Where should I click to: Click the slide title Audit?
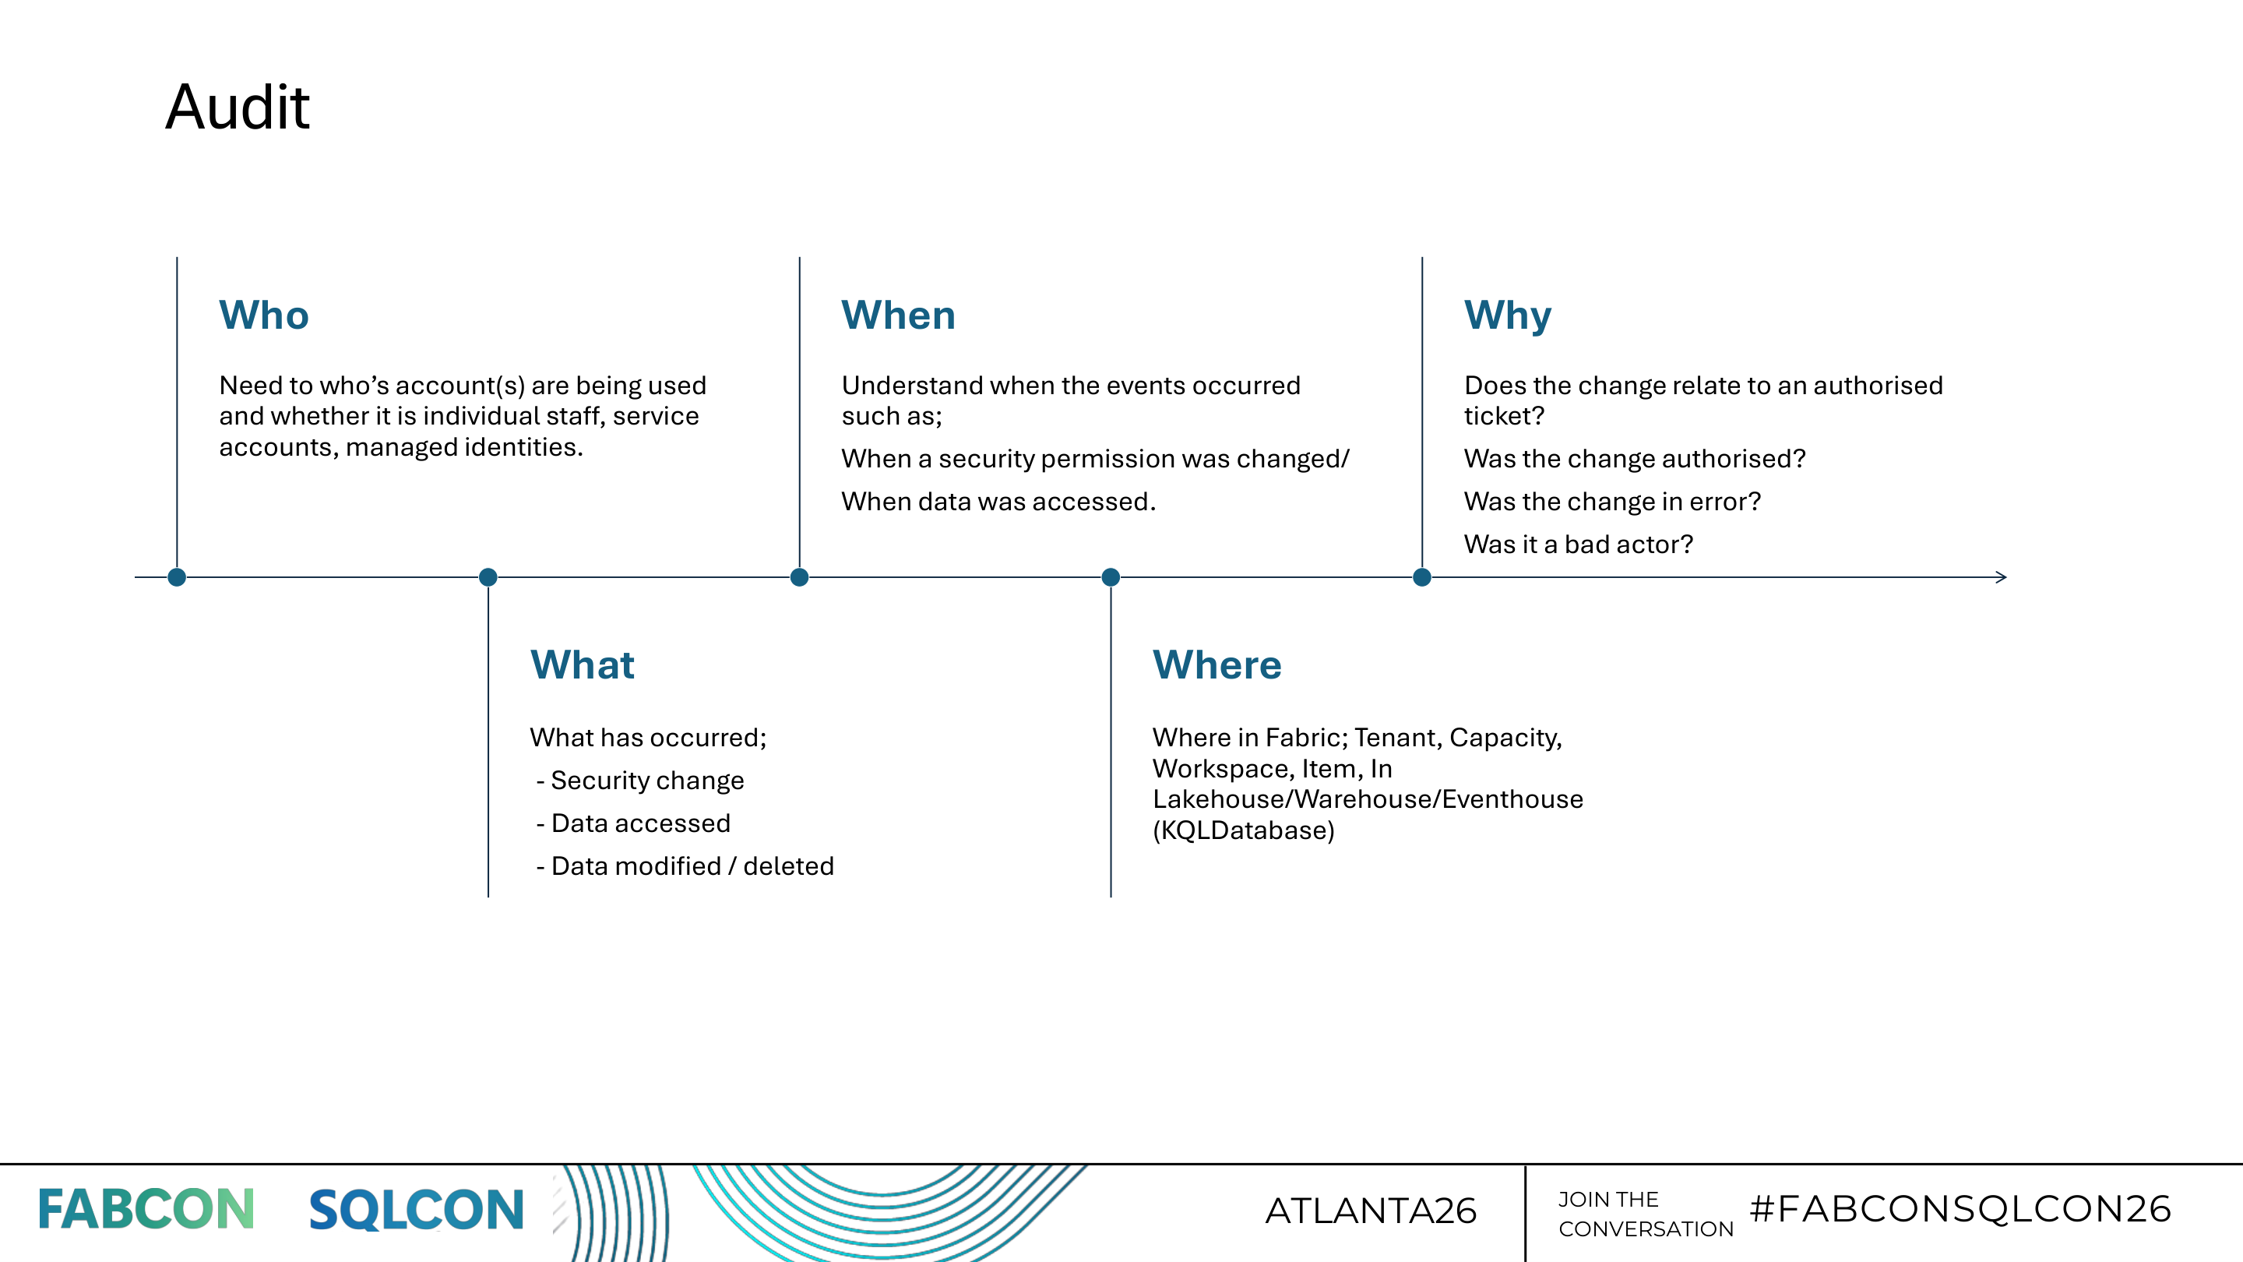pos(237,108)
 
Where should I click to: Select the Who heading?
pos(264,315)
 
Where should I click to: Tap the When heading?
pos(898,315)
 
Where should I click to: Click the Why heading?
pos(1507,315)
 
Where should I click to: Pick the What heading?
pos(582,664)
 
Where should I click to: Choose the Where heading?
pos(1217,664)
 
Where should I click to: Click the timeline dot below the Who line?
pos(177,576)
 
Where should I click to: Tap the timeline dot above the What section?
pos(488,576)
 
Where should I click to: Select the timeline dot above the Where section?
pos(1110,576)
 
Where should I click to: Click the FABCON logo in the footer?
pos(146,1210)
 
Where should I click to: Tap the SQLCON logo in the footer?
pos(416,1210)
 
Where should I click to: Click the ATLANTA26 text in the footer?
pos(1371,1211)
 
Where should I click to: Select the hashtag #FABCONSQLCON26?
pos(1960,1209)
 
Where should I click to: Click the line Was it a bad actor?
pos(1578,545)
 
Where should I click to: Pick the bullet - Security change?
pos(640,781)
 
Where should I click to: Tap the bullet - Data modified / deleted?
pos(685,865)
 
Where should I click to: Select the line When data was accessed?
pos(998,502)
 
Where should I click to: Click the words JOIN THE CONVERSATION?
pos(1645,1214)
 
